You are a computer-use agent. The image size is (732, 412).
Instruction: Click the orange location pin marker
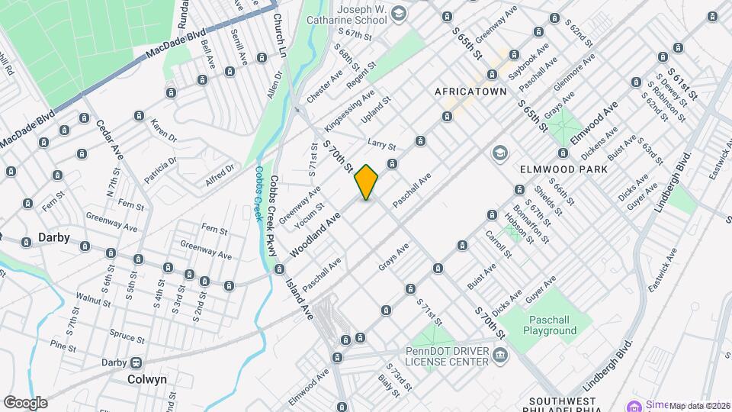[366, 182]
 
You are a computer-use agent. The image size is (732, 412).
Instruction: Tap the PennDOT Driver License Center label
[446, 355]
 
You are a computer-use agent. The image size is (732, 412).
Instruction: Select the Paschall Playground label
[549, 326]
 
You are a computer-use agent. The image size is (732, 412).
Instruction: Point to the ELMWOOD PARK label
[563, 169]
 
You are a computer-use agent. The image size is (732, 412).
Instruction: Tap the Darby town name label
[54, 238]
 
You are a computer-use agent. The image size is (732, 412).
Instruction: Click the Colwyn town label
[148, 379]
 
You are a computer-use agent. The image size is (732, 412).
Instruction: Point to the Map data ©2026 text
[699, 406]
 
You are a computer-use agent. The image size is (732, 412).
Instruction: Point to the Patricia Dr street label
[162, 171]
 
